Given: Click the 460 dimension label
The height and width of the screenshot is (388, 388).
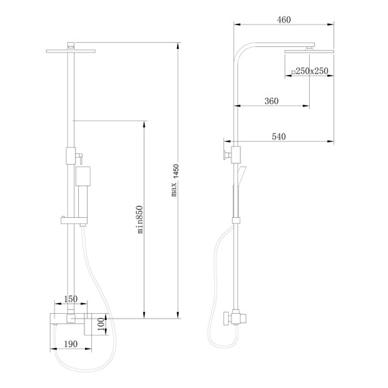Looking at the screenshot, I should click(x=284, y=19).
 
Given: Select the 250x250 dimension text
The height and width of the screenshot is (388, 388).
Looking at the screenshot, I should click(x=312, y=71).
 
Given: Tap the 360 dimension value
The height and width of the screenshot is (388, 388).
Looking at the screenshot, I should click(x=271, y=101).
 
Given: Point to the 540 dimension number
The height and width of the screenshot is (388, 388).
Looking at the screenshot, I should click(x=278, y=137).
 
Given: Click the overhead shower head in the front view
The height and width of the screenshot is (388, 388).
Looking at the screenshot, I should click(x=71, y=49).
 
